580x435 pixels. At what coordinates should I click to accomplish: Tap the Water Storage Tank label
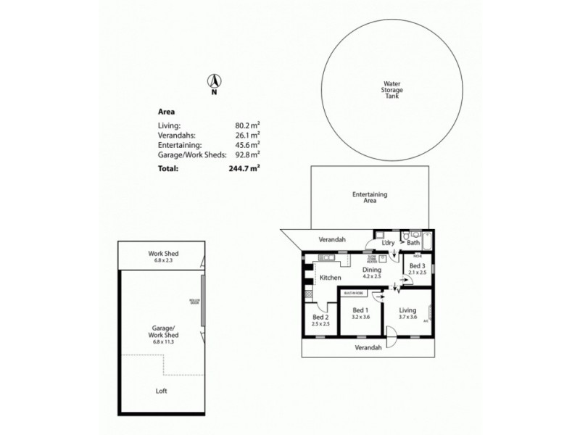coord(392,90)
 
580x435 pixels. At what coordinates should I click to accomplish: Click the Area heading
coord(166,112)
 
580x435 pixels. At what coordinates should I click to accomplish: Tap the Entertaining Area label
coord(370,197)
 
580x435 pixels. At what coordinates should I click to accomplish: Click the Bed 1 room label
coord(361,310)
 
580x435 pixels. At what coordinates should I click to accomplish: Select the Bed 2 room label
coord(321,318)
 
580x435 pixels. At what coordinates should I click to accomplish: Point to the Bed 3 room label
coord(418,266)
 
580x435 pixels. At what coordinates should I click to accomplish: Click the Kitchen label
coord(331,278)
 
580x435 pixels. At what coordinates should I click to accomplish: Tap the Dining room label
coord(371,270)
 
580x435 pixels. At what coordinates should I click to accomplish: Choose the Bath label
coord(413,243)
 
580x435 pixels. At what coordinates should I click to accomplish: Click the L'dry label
coord(387,243)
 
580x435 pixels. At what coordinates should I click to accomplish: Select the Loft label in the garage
coord(162,391)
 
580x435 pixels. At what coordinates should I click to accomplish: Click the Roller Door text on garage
coord(194,302)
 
